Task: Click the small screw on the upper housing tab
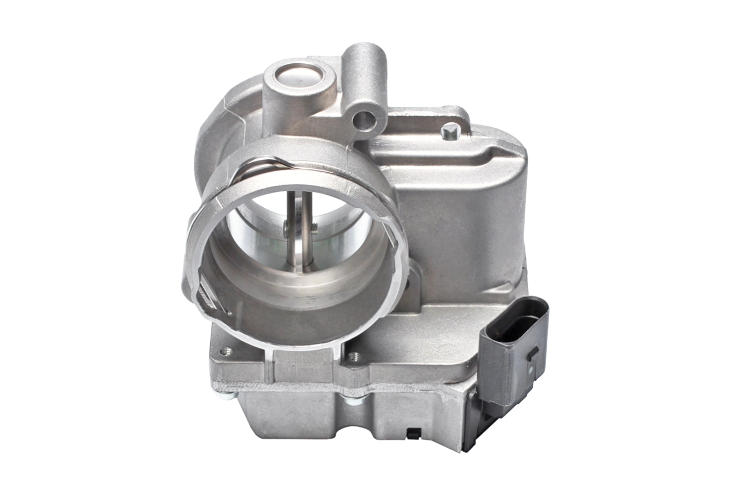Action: click(449, 133)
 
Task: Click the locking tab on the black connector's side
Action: click(532, 355)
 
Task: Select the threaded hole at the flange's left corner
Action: click(227, 351)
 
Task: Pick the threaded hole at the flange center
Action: click(354, 356)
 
